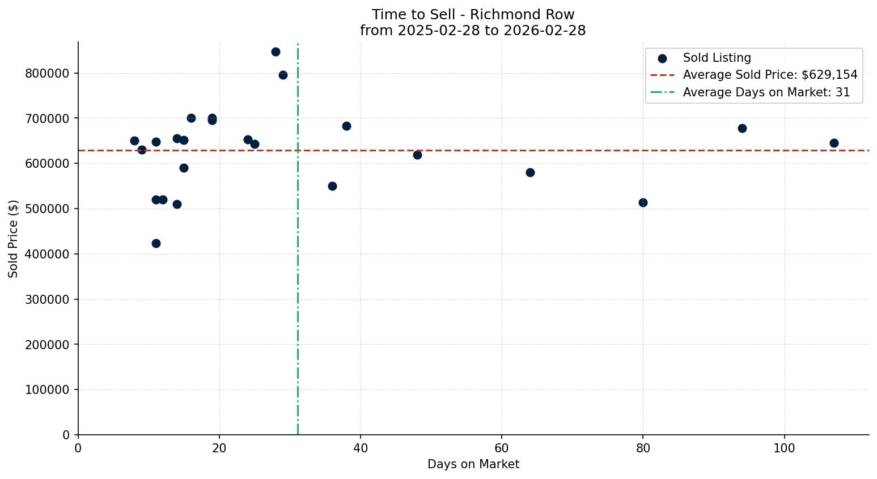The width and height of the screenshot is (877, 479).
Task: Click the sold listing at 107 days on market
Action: click(x=833, y=143)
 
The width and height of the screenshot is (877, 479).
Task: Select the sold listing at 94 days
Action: click(x=742, y=128)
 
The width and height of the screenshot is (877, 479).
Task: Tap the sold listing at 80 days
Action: click(x=643, y=202)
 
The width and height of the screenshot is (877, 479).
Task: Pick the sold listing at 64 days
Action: click(x=530, y=172)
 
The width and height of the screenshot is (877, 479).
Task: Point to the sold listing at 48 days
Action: click(x=417, y=155)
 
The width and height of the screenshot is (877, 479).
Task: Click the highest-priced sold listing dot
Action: click(x=276, y=52)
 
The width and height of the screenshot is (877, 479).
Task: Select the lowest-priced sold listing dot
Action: click(x=156, y=243)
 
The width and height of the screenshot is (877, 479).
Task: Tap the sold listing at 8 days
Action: click(x=134, y=141)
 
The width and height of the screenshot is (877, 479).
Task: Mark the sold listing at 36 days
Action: click(x=332, y=186)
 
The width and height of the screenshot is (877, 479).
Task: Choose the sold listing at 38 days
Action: click(x=346, y=126)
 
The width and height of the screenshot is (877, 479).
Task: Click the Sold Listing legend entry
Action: click(x=717, y=58)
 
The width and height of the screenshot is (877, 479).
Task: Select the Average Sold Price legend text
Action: click(x=770, y=75)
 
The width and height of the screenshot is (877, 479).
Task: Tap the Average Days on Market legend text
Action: click(x=766, y=92)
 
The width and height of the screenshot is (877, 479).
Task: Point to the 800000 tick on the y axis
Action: click(x=47, y=73)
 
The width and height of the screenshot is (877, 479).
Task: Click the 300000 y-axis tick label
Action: click(x=47, y=299)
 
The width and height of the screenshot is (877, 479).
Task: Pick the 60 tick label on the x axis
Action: click(x=502, y=448)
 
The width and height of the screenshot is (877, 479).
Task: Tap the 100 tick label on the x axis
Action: click(x=784, y=448)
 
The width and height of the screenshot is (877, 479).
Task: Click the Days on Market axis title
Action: click(x=473, y=464)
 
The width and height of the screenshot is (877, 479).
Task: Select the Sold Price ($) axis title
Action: click(x=14, y=239)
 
